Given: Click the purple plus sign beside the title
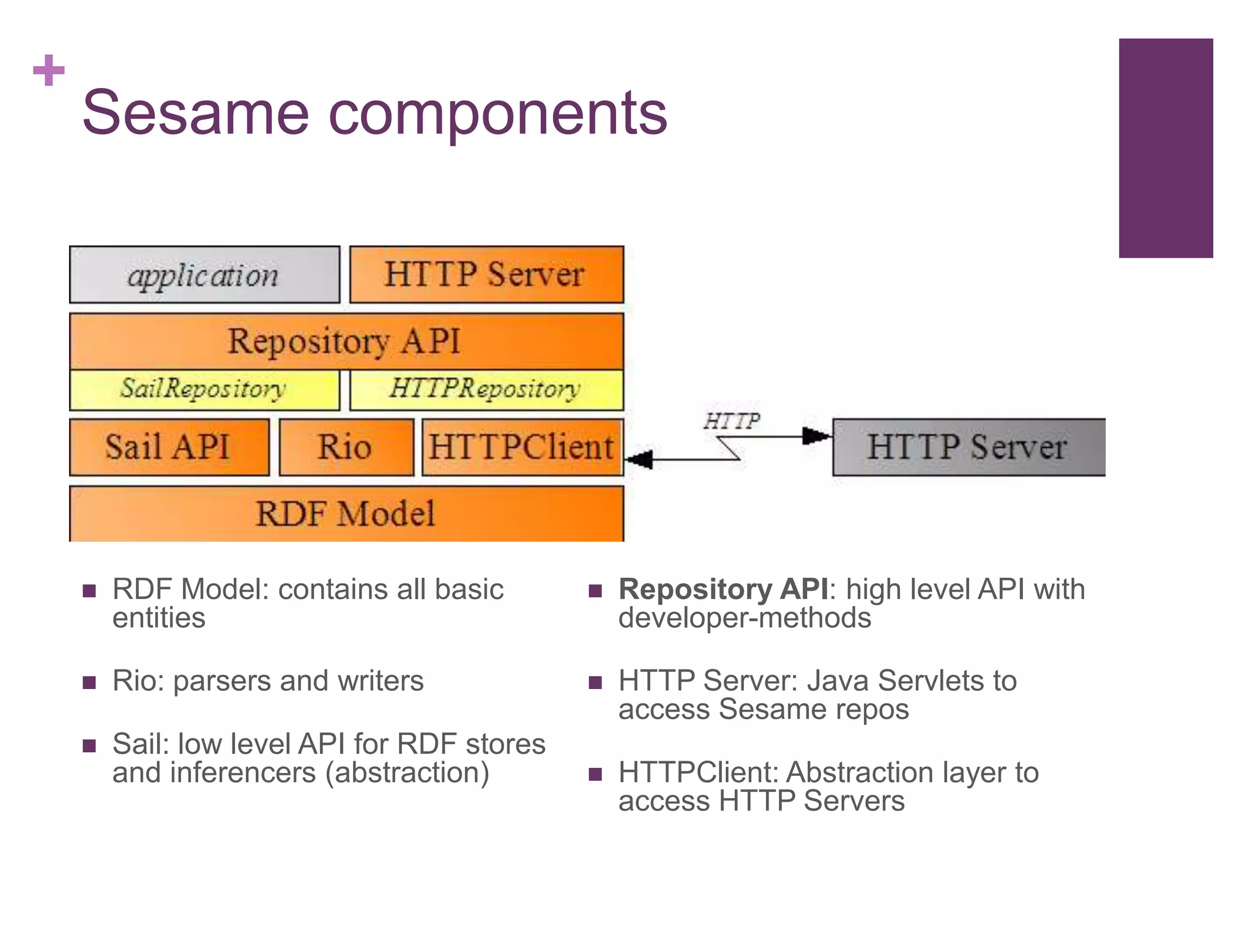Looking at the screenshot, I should click(49, 70).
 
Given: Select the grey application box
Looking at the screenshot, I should click(204, 275).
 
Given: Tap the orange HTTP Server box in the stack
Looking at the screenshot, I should click(486, 275).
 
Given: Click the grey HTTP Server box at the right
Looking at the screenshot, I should click(969, 447).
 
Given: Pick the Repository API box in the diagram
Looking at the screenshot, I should click(346, 341).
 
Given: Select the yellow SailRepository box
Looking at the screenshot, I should click(204, 389).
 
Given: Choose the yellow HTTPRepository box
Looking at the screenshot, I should click(486, 389).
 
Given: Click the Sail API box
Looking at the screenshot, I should click(169, 447).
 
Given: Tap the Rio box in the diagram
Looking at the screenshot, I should click(346, 447).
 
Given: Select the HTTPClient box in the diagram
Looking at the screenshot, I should click(522, 447).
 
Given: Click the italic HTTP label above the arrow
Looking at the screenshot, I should click(732, 421).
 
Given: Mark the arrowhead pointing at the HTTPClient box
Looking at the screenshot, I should click(640, 460).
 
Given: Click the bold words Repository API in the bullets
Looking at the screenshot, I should click(723, 589).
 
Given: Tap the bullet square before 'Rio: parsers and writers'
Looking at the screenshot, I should click(89, 682).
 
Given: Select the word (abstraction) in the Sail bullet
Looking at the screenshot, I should click(407, 773).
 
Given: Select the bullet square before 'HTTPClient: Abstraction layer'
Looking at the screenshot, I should click(595, 774).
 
